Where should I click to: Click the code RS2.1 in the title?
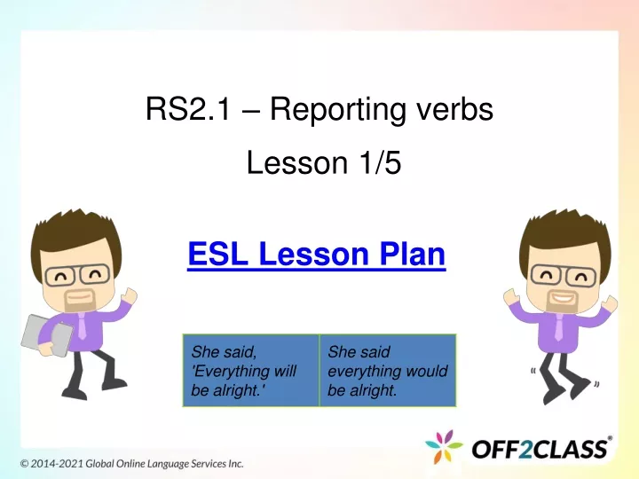pos(188,109)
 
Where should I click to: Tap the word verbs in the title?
pos(454,109)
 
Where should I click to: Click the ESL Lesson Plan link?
pos(317,255)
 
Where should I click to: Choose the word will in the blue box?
pos(285,371)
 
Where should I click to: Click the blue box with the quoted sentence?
pos(250,370)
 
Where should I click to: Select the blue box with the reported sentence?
pos(388,370)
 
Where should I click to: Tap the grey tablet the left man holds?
pos(46,335)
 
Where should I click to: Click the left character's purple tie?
pos(82,326)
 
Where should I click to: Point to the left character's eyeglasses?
pos(77,274)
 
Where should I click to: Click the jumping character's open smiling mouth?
pos(562,297)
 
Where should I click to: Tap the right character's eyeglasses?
pos(564,275)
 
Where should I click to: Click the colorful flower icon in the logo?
pos(444,447)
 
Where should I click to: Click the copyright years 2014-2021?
pos(57,464)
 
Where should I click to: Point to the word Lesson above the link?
pos(297,162)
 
